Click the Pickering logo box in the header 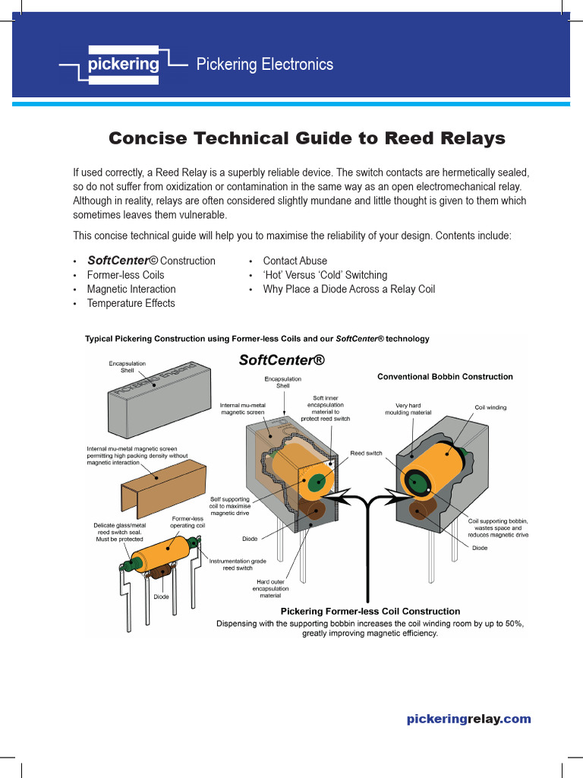click(x=123, y=65)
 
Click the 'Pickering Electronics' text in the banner click(x=264, y=65)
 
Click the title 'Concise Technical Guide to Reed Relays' click(x=307, y=138)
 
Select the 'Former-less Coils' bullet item click(x=125, y=275)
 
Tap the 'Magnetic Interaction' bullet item click(x=131, y=289)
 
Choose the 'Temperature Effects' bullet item click(x=131, y=303)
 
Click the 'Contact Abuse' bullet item click(x=295, y=261)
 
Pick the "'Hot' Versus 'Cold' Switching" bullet click(x=325, y=275)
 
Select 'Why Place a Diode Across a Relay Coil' click(x=348, y=289)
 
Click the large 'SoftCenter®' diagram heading click(x=282, y=361)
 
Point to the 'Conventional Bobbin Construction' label click(x=445, y=377)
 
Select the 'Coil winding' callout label click(x=490, y=408)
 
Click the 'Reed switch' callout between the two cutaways click(x=367, y=454)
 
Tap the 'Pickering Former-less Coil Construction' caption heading click(x=370, y=611)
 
